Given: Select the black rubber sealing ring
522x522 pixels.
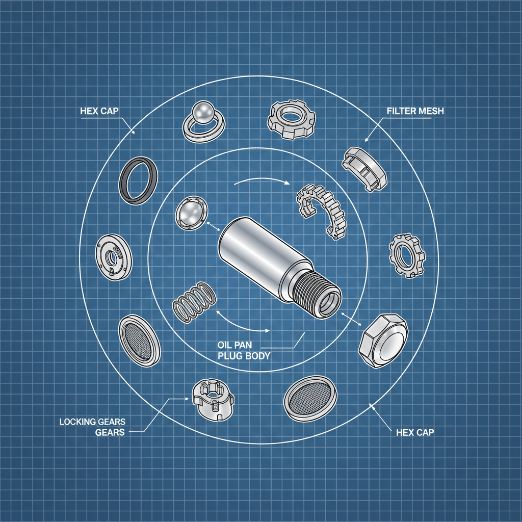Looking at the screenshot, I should [x=138, y=181].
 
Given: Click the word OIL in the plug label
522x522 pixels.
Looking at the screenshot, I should [x=227, y=345].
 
